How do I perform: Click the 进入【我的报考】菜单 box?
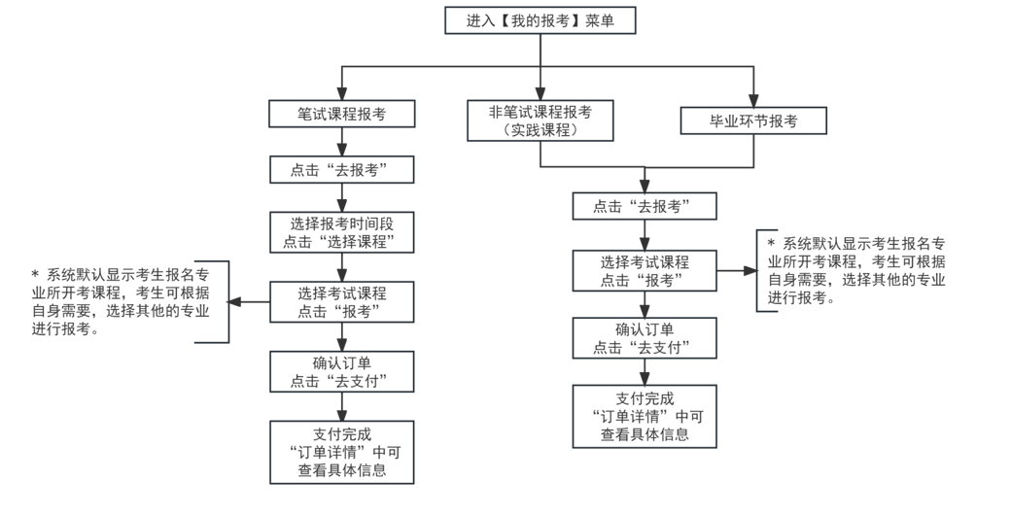coord(540,21)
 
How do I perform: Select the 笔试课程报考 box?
coord(342,114)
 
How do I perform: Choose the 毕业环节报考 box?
coord(753,120)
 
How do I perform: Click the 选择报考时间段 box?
coord(342,231)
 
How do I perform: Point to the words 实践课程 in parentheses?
coord(540,130)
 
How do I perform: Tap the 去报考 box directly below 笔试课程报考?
coord(342,170)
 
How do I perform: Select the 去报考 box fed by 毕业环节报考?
coord(643,206)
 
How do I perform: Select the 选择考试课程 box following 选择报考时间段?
coord(342,302)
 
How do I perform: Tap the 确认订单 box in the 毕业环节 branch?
coord(643,338)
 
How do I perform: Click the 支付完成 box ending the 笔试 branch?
coord(342,452)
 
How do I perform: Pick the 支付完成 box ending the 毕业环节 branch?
coord(643,416)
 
